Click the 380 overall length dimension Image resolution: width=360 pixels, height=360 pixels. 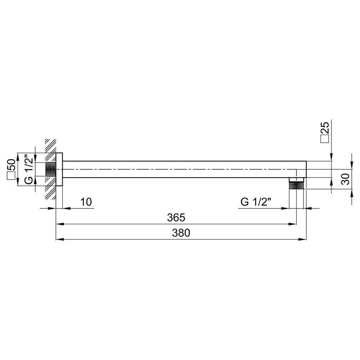pyautogui.click(x=181, y=233)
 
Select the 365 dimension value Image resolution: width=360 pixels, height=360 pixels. pyautogui.click(x=176, y=218)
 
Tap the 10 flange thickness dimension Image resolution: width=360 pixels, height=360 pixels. pyautogui.click(x=86, y=202)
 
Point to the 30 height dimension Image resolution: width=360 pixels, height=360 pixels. pyautogui.click(x=345, y=179)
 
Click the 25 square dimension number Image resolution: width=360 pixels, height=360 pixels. pyautogui.click(x=325, y=128)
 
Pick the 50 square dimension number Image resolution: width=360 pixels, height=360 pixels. pyautogui.click(x=12, y=165)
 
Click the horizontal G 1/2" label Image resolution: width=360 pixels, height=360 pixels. pyautogui.click(x=256, y=202)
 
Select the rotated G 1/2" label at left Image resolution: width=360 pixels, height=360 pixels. pyautogui.click(x=29, y=170)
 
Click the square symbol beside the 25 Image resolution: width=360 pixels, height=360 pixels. pyautogui.click(x=325, y=139)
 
